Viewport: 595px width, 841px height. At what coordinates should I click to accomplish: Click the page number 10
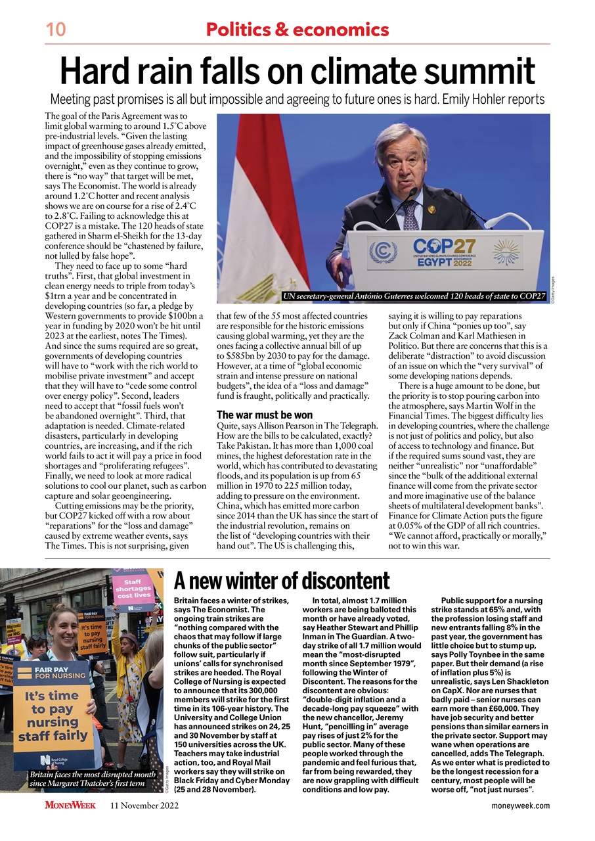[x=55, y=30]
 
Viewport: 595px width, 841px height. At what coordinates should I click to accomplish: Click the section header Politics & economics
[x=297, y=30]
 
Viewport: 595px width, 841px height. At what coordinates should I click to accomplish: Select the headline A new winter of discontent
[x=281, y=581]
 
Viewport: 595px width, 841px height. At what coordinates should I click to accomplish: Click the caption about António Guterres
[x=414, y=297]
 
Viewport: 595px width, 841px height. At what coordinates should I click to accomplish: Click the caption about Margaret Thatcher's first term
[x=82, y=779]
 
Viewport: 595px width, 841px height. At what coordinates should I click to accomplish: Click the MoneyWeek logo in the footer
[x=70, y=806]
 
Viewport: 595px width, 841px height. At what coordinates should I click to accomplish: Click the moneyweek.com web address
[x=520, y=806]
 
